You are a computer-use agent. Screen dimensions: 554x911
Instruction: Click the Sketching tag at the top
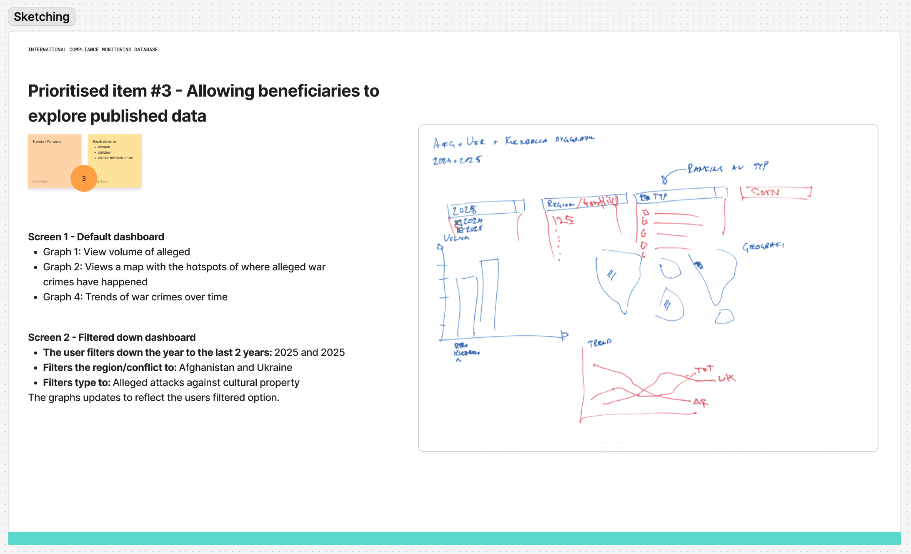coord(42,17)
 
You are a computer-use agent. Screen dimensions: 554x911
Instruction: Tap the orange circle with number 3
coord(84,178)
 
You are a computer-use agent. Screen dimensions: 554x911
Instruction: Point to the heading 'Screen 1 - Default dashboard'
coord(96,237)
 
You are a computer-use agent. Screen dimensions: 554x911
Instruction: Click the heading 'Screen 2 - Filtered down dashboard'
coord(112,337)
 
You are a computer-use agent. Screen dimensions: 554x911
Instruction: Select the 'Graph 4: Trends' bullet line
coord(135,297)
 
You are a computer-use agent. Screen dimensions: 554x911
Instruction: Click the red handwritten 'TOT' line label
coord(704,369)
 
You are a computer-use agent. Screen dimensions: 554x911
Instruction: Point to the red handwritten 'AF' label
coord(700,402)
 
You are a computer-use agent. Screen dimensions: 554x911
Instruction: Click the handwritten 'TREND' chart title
coord(599,343)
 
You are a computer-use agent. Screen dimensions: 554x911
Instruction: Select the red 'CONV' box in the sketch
coord(776,192)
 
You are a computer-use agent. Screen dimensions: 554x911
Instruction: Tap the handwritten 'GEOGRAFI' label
coord(763,247)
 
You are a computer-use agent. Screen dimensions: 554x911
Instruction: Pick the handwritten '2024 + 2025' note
coord(457,160)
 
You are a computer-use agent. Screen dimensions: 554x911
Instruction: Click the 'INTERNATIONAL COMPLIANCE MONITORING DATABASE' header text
coord(93,50)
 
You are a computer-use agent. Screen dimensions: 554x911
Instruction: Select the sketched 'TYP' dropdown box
coord(679,195)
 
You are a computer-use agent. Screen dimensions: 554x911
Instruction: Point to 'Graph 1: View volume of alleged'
coord(116,252)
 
